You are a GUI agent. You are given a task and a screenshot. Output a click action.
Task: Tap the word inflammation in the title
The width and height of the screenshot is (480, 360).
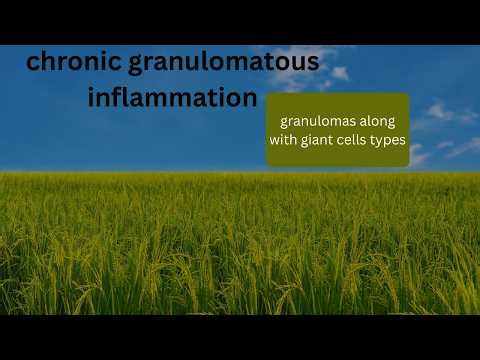click(172, 99)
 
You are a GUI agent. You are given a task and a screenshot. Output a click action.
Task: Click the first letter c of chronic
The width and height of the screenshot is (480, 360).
click(32, 64)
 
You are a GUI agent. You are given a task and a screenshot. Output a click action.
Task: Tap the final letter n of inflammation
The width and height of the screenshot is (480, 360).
click(250, 100)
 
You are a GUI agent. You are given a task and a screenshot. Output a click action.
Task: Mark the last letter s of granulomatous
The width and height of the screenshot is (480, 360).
click(314, 63)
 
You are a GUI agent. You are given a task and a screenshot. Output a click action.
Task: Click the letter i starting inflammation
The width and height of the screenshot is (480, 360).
click(91, 98)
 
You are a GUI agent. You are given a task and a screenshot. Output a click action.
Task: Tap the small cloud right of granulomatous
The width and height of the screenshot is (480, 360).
click(339, 73)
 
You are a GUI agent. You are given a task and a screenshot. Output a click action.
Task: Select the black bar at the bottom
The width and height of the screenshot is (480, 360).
click(240, 337)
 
